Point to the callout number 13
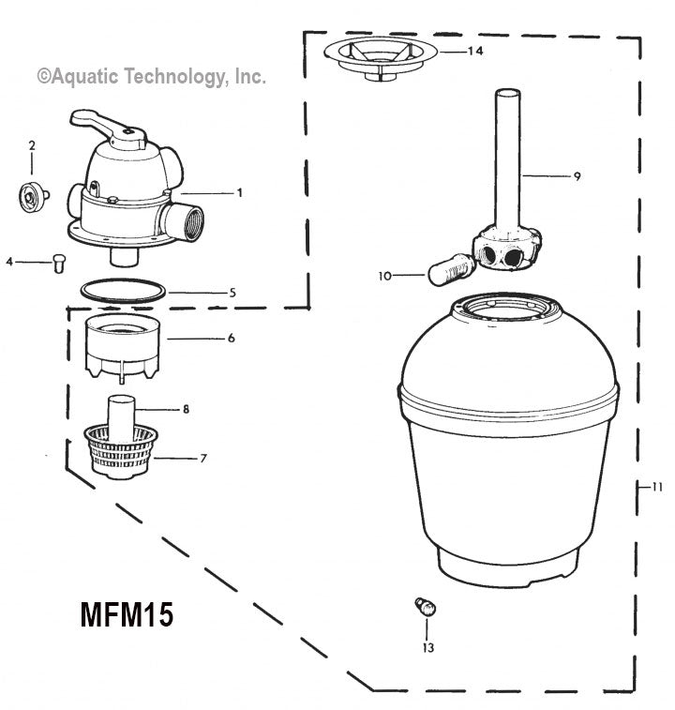[x=428, y=646]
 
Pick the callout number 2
[x=32, y=145]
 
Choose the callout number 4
[x=9, y=262]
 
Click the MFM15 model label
[x=125, y=615]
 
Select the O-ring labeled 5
[x=121, y=290]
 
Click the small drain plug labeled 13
[x=426, y=608]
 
